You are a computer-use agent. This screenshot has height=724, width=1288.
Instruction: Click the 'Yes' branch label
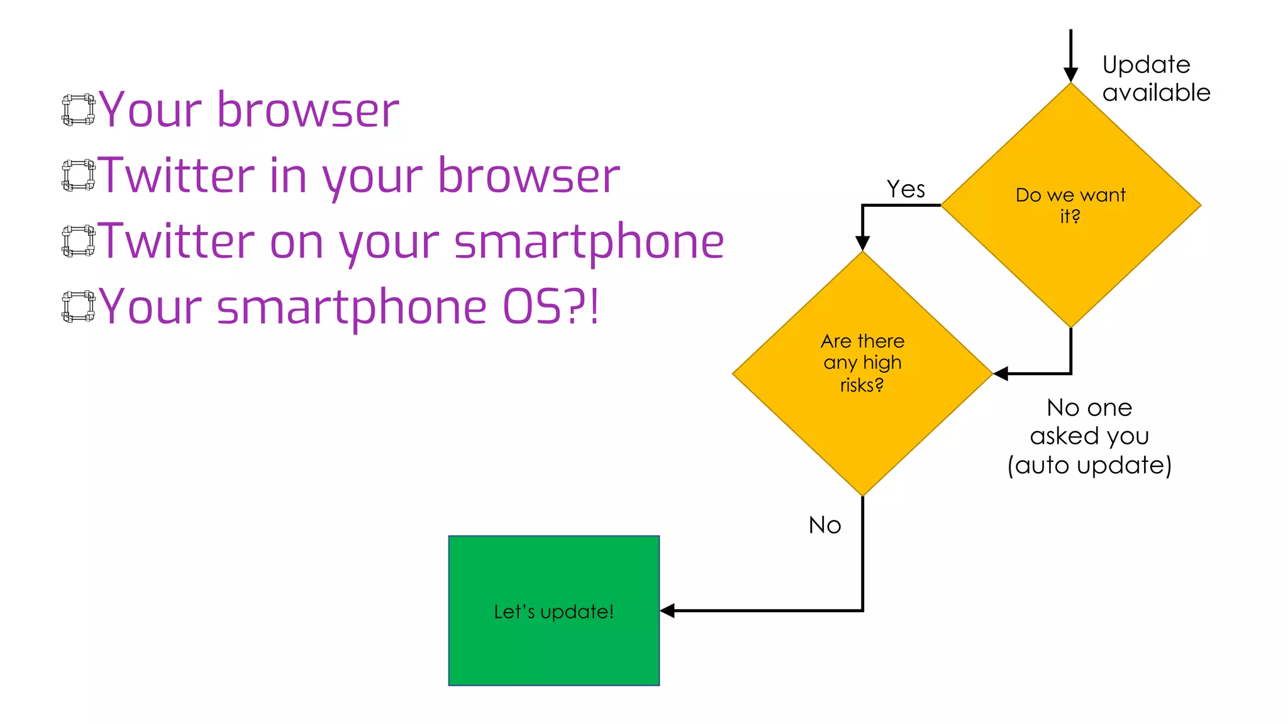(x=906, y=189)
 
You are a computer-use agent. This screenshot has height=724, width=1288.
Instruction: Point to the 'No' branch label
(x=824, y=525)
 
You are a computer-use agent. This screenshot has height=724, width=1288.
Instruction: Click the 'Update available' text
(x=1156, y=79)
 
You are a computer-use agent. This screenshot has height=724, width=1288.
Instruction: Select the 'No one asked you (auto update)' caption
(x=1089, y=436)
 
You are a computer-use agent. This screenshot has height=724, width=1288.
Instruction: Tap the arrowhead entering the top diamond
(x=1070, y=75)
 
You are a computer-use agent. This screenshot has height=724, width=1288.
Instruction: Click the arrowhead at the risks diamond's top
(x=862, y=243)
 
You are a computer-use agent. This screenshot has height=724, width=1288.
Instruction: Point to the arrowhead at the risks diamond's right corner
(x=1001, y=374)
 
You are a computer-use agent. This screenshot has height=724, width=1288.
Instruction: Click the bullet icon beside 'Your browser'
(x=79, y=110)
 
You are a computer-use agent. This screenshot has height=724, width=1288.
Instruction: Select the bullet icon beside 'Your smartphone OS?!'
(x=79, y=307)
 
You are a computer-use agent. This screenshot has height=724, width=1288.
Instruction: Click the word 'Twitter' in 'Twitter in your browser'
(x=177, y=175)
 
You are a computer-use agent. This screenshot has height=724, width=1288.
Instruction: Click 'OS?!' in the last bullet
(x=550, y=307)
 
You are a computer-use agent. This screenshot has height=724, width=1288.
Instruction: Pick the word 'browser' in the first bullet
(x=308, y=110)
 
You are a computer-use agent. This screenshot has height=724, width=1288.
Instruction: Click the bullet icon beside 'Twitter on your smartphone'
(x=79, y=241)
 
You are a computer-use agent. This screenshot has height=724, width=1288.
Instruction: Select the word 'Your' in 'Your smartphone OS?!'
(x=150, y=307)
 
